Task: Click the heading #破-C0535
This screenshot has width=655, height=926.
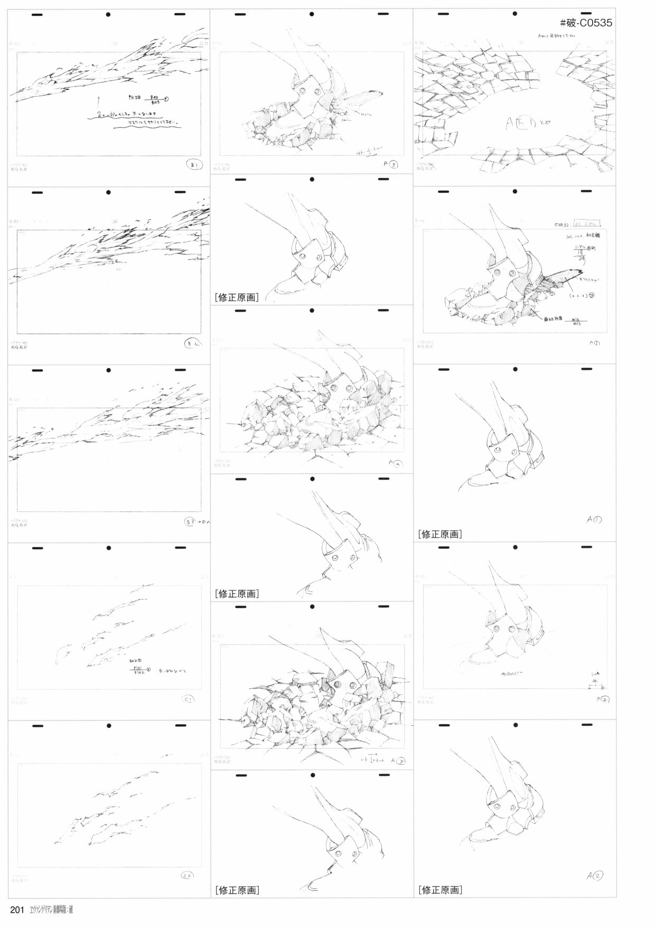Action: [x=585, y=23]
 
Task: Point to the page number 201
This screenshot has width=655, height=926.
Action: [x=18, y=910]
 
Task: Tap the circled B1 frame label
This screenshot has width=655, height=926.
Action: [x=194, y=165]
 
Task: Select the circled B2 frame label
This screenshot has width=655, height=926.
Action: [x=191, y=343]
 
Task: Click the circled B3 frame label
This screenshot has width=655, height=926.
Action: [x=191, y=522]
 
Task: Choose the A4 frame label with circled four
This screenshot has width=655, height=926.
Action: [x=396, y=463]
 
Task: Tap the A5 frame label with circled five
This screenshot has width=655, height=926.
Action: [x=398, y=761]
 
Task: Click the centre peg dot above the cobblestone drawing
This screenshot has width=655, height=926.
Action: [x=514, y=14]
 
